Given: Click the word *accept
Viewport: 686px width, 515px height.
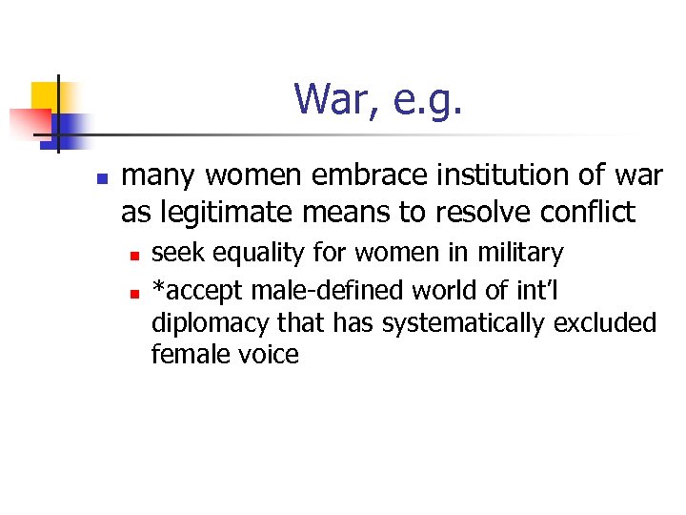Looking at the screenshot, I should pos(197,289).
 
